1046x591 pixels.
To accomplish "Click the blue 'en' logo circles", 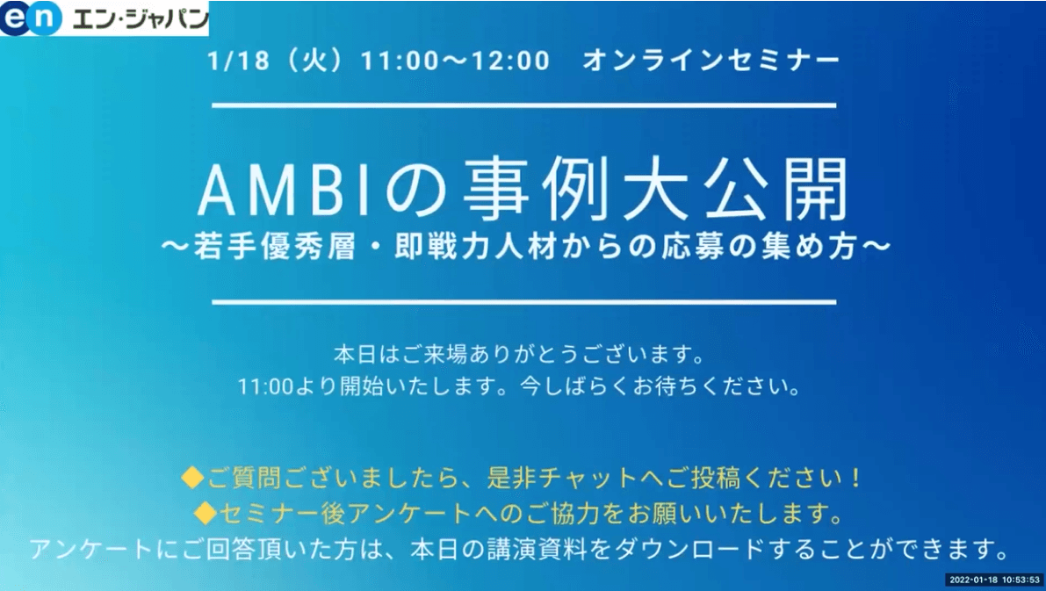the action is [x=31, y=18].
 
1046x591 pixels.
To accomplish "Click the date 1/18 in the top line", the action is [x=238, y=61].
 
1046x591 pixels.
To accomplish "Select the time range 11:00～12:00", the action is [x=455, y=61].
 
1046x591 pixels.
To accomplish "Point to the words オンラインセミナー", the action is [x=711, y=61].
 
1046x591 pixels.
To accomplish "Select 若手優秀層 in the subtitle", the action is [x=274, y=248].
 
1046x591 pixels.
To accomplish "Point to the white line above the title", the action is [x=523, y=105].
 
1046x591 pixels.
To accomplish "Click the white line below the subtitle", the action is [x=523, y=302].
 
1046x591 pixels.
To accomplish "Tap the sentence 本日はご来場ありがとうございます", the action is [x=512, y=354].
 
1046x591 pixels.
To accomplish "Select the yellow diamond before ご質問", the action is [x=192, y=478].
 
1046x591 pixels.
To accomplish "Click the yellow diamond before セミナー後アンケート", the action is [x=206, y=513].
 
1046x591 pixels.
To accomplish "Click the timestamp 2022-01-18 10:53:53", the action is [x=995, y=580].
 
